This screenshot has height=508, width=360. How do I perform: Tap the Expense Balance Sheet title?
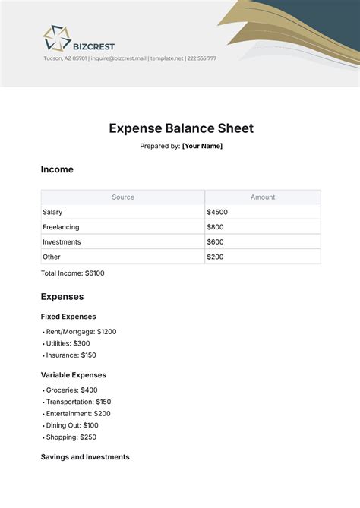point(181,128)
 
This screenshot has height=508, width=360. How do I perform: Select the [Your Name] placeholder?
point(202,146)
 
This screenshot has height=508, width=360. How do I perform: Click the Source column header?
point(123,197)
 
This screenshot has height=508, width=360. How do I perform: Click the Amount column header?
point(263,197)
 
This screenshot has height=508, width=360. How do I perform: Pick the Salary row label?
point(53,212)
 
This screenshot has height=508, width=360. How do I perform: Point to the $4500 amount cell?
point(217,212)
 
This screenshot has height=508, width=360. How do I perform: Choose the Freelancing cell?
point(62,227)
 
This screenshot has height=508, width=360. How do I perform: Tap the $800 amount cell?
point(215,227)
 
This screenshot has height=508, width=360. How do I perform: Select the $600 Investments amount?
point(215,241)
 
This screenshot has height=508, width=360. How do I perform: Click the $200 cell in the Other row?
point(215,257)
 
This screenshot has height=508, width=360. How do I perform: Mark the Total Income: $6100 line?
point(73,273)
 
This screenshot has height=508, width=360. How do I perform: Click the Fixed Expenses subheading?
point(68,316)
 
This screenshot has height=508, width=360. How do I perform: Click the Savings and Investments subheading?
point(85,456)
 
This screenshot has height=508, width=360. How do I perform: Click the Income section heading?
point(57,169)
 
